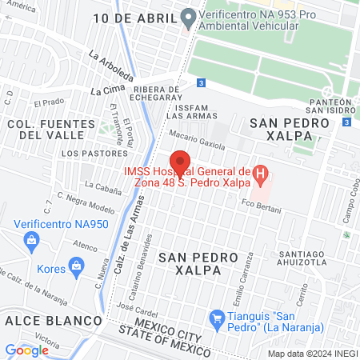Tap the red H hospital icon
point(259,172)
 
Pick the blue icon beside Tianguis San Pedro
point(215,319)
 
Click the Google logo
point(27,350)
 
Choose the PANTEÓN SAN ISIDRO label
point(330,107)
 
